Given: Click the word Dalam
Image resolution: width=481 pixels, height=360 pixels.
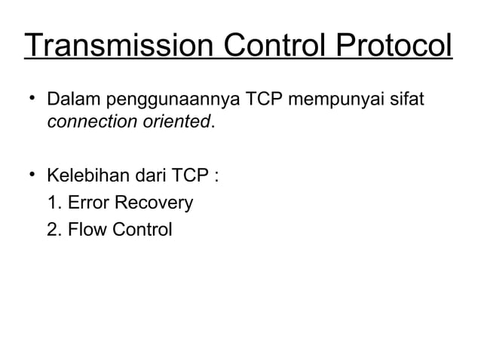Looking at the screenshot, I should [73, 99].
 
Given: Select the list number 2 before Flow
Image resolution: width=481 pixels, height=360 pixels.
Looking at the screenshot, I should [52, 228].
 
